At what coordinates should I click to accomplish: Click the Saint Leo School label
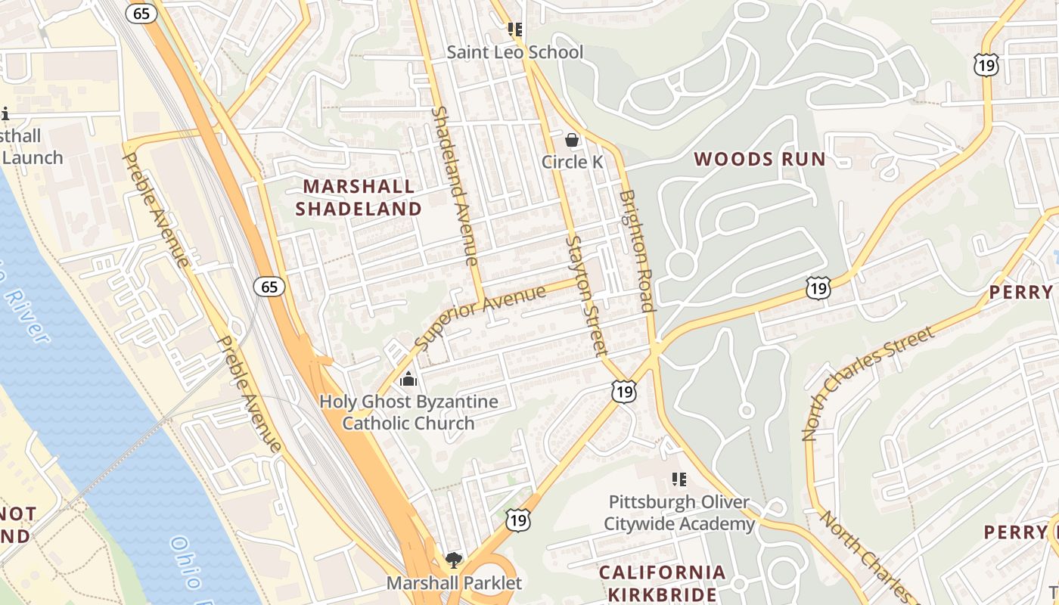514,52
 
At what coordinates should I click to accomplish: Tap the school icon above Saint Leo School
515,30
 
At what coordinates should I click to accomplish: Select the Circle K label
575,162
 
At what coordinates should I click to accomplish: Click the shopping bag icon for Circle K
573,140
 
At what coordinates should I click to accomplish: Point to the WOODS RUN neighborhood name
759,159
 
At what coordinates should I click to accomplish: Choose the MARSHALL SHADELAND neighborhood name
359,197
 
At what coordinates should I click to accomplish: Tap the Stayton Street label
586,295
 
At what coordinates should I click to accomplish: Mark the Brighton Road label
636,250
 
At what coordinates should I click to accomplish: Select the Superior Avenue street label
481,317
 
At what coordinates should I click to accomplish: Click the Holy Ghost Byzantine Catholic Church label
408,412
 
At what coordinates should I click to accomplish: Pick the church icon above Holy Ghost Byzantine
408,379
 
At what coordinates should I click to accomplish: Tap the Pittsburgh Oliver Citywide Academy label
679,513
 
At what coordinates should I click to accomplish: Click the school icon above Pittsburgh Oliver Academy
679,479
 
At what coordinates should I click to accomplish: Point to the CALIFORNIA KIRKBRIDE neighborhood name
663,582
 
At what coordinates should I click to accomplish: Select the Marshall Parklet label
454,583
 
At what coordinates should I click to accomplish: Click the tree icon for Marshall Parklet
454,560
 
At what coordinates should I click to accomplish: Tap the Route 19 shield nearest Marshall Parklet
518,520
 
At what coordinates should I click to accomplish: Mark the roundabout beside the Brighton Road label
681,265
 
